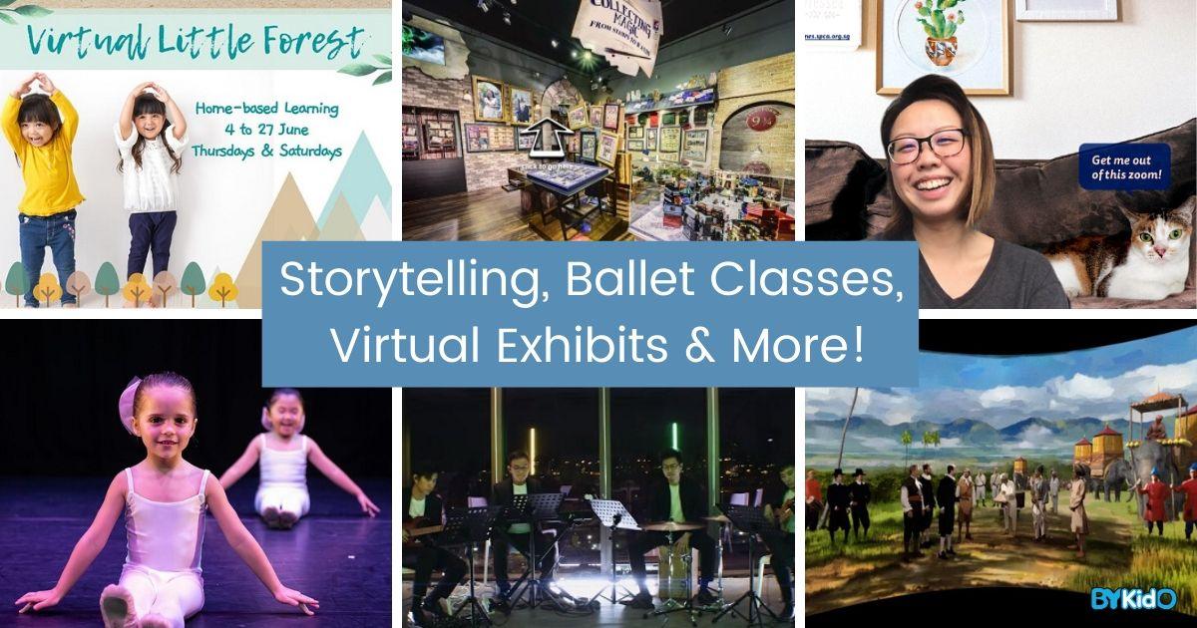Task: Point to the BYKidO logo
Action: tap(1147, 599)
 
